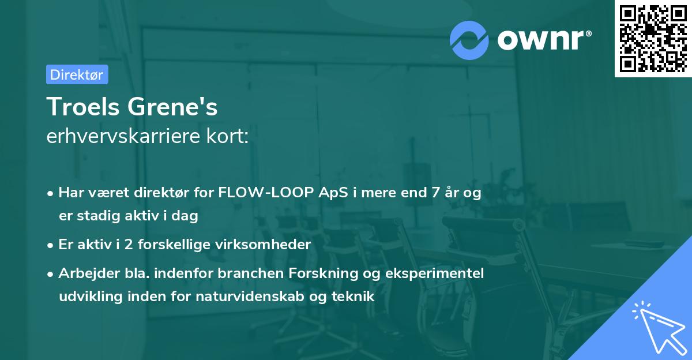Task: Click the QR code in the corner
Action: point(653,38)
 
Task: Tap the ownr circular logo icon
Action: point(469,40)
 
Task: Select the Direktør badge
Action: point(77,74)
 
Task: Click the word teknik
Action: point(355,297)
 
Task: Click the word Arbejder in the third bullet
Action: point(83,273)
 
